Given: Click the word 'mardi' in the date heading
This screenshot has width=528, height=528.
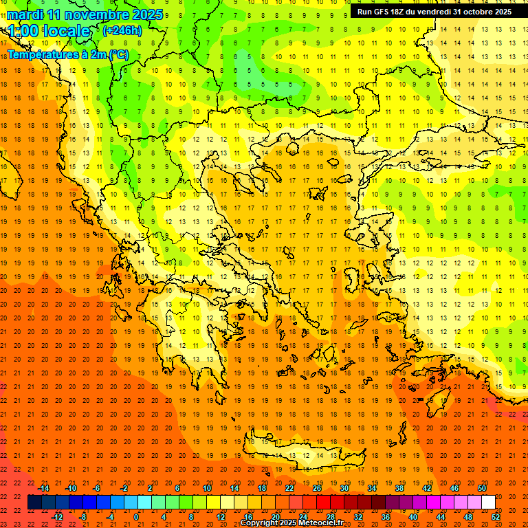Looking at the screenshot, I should (x=25, y=14).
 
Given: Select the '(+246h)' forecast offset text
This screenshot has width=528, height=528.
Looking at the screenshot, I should (x=122, y=30).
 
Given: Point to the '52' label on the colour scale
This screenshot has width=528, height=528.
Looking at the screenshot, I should (x=496, y=517).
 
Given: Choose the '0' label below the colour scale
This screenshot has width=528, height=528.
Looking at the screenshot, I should (x=137, y=517).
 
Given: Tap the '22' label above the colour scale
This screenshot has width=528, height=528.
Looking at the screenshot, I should (x=289, y=488).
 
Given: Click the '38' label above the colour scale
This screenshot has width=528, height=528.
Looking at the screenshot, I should (x=399, y=488).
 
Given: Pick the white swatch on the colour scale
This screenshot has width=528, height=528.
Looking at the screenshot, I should (x=489, y=503).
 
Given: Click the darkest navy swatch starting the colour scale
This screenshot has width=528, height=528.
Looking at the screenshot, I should (x=34, y=503).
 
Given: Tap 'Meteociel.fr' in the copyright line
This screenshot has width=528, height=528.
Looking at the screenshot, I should (x=318, y=523).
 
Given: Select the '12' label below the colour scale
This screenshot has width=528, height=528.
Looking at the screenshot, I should (x=221, y=517).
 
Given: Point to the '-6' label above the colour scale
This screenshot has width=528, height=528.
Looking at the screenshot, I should (x=97, y=488).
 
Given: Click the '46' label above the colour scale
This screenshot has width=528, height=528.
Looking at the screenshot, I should (x=454, y=488).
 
